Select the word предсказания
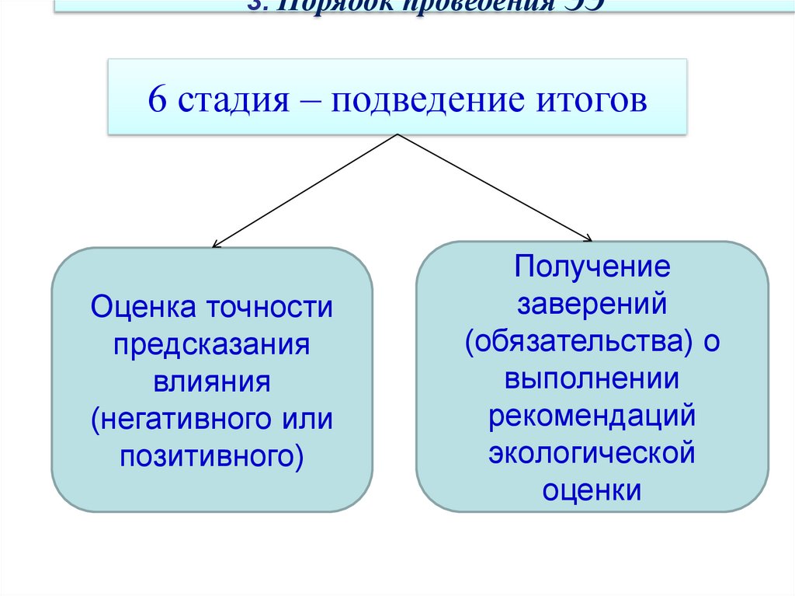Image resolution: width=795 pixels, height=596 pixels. point(211,344)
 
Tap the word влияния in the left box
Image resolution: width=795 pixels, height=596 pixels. point(211,382)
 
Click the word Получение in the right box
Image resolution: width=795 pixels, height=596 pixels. point(592,268)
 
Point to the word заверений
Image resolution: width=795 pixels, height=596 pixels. point(592,305)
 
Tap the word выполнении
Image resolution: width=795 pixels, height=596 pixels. point(592,379)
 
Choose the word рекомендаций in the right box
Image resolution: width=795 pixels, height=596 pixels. point(592,417)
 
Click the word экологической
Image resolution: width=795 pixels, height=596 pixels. point(592,453)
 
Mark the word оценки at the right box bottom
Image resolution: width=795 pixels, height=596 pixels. point(592,490)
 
